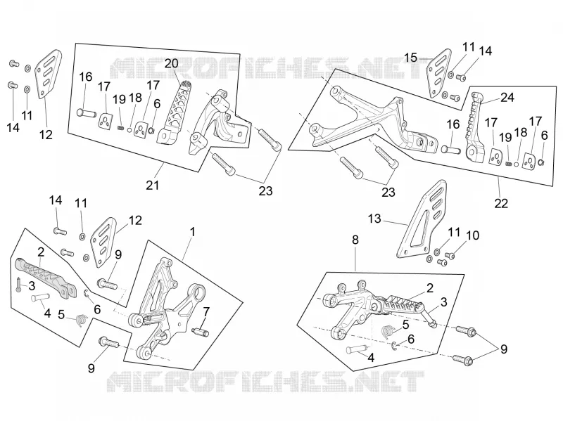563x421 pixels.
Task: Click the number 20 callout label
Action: pos(171,63)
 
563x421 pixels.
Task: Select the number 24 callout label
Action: pos(507,97)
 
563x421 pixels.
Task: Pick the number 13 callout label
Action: pos(374,219)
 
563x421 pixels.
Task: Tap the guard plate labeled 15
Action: pos(438,74)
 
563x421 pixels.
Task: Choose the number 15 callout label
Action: pos(411,58)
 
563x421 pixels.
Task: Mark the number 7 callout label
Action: pos(206,312)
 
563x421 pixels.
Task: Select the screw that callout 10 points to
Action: pos(450,256)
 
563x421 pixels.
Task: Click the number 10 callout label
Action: pos(472,235)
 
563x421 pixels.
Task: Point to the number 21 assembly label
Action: pos(152,185)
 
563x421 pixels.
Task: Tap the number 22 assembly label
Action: pos(501,203)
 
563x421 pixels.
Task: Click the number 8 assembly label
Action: pos(355,240)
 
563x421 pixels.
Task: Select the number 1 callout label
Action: pos(192,232)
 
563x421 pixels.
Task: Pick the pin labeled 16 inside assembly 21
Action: pos(87,113)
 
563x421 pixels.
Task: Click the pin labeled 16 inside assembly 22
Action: pos(451,148)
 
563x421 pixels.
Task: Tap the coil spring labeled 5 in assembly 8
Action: pos(387,330)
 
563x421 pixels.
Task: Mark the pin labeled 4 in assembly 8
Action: pos(356,349)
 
